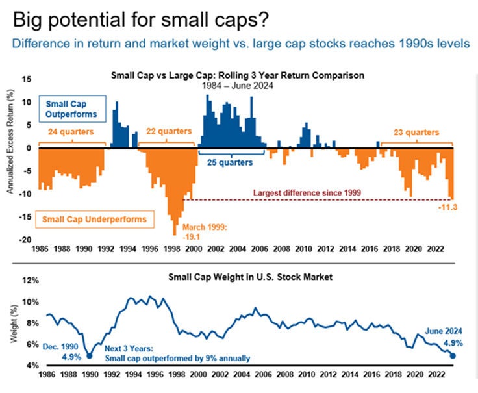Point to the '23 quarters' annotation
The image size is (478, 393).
tap(416, 132)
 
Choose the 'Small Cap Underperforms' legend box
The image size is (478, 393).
tap(94, 219)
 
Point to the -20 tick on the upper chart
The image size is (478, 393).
tap(26, 240)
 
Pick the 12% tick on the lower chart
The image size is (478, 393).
tap(27, 281)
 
